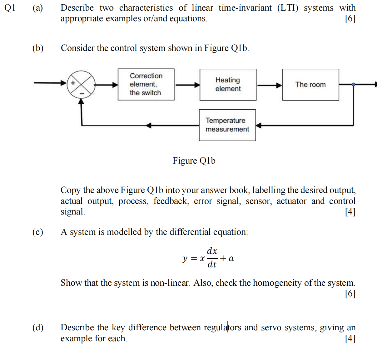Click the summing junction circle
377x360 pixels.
(81, 84)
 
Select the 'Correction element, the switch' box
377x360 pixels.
(146, 84)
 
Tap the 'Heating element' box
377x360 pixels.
(228, 85)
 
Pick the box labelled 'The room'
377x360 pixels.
(310, 85)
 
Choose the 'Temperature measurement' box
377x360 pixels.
(227, 125)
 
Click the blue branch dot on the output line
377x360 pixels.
(353, 84)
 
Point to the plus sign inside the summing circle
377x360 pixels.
(73, 83)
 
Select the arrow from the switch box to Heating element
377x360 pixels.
(187, 85)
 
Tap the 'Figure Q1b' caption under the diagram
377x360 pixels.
(194, 161)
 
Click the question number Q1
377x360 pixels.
(10, 8)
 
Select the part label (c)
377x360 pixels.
(38, 232)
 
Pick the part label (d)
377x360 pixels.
(38, 328)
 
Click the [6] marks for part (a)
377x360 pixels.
(350, 19)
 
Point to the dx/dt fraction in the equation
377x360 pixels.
(212, 258)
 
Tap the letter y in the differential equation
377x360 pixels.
(185, 259)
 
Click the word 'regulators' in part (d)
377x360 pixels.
(222, 328)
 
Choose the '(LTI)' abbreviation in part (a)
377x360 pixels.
(288, 8)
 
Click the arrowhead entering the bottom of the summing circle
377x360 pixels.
(81, 101)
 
